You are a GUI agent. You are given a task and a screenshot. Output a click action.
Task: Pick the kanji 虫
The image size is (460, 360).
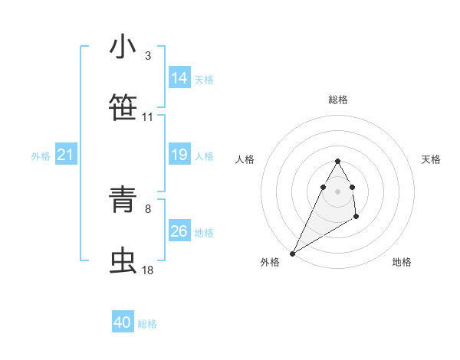click(123, 260)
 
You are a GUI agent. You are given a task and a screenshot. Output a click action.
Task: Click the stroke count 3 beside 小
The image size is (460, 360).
click(147, 56)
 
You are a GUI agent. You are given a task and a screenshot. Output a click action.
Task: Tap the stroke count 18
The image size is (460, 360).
click(147, 270)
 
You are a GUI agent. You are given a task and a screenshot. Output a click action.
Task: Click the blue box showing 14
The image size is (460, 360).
click(179, 78)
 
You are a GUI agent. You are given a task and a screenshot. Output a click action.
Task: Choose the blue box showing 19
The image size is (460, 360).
click(179, 155)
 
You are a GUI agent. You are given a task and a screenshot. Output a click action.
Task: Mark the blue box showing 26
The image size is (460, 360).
click(179, 231)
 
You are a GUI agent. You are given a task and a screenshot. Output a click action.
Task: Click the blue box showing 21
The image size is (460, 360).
click(66, 155)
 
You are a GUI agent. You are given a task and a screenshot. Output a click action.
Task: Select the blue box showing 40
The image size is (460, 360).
click(123, 323)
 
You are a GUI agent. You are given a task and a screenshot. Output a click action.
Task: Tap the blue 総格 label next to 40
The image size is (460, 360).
click(147, 324)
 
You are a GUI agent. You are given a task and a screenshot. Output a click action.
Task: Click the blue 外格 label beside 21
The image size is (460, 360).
click(41, 156)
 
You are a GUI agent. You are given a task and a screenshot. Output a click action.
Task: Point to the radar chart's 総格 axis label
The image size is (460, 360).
click(338, 100)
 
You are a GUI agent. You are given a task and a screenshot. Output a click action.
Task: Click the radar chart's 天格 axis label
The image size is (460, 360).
click(431, 159)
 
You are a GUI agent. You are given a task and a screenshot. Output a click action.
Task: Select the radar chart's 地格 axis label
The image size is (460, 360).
click(402, 262)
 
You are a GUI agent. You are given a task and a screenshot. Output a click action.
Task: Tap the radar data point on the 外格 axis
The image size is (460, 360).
click(292, 254)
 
